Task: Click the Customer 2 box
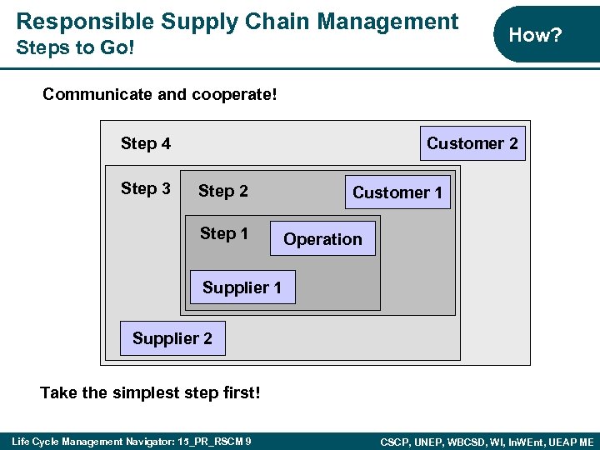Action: click(x=472, y=143)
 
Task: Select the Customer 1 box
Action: click(x=397, y=192)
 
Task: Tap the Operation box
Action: click(x=322, y=239)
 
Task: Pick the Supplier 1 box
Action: click(x=242, y=288)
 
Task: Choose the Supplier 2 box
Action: click(x=172, y=338)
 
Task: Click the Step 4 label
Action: click(x=146, y=143)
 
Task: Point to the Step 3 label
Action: click(x=146, y=188)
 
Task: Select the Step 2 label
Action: click(x=223, y=192)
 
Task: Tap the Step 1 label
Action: click(x=224, y=234)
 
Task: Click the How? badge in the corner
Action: click(x=535, y=34)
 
